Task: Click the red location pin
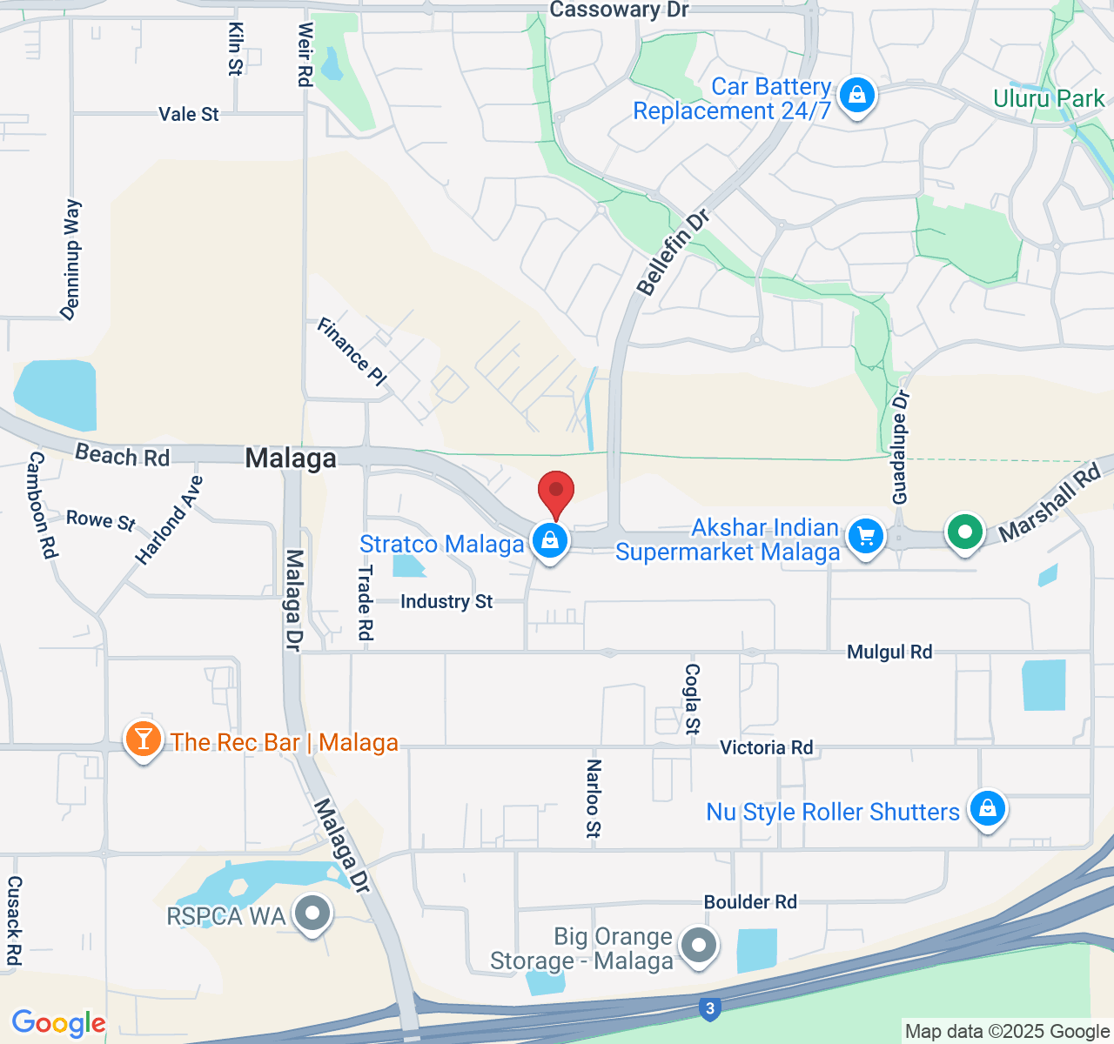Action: click(x=556, y=493)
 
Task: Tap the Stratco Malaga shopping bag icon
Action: click(x=550, y=542)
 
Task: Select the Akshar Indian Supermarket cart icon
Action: click(x=866, y=537)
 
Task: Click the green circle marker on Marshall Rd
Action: click(x=964, y=532)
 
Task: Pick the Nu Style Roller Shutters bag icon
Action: click(x=988, y=809)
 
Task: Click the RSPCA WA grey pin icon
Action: click(x=312, y=914)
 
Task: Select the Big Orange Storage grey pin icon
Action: click(x=698, y=945)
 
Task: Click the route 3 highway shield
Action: click(x=710, y=1009)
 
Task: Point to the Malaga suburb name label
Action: click(x=291, y=458)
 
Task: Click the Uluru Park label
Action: click(x=1049, y=98)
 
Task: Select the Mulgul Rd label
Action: click(x=889, y=652)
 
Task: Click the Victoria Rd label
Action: click(x=766, y=747)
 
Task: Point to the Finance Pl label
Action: click(x=352, y=351)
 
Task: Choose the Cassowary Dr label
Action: click(x=619, y=10)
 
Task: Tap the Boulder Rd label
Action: click(x=750, y=902)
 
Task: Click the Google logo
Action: click(x=58, y=1023)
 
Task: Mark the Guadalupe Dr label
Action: click(x=901, y=447)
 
